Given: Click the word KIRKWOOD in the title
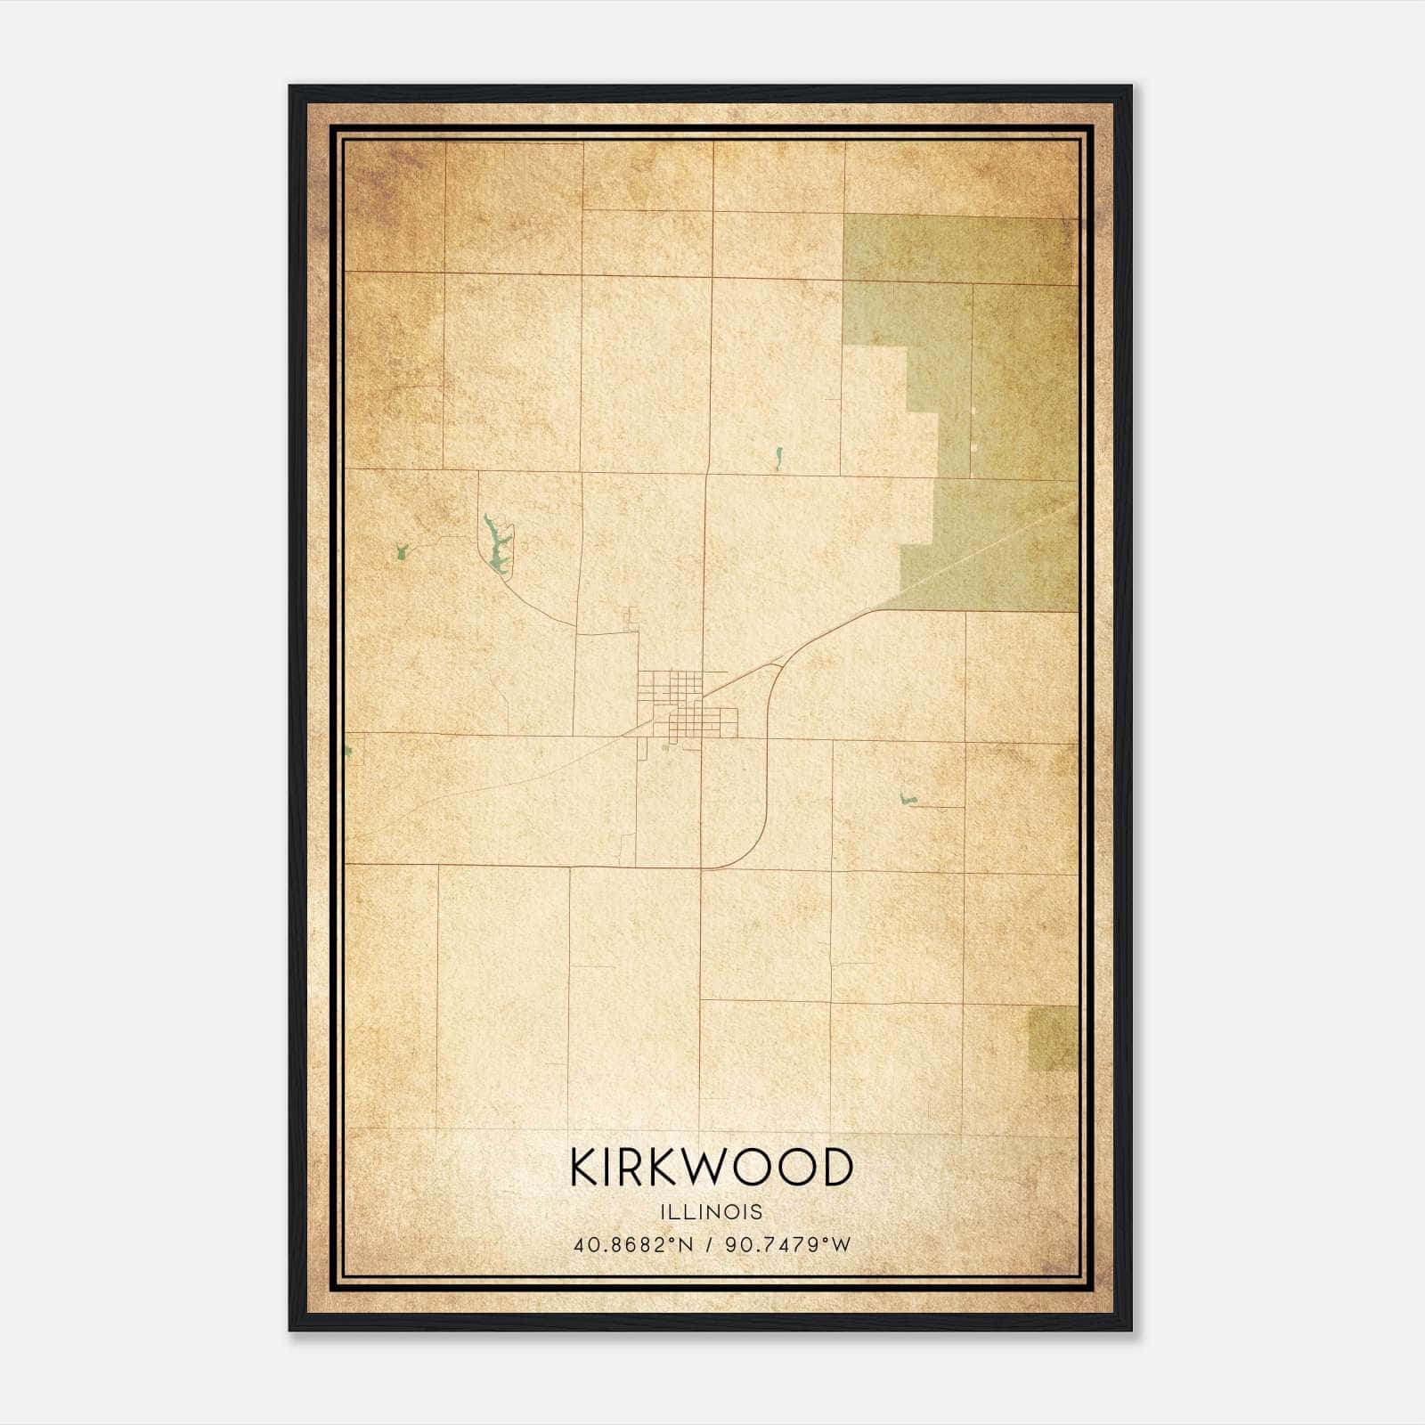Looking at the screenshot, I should (x=711, y=1168).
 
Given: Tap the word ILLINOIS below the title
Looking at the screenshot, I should (x=711, y=1212).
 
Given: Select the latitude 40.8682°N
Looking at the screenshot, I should (x=633, y=1244).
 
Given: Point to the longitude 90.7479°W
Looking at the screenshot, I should (x=788, y=1244).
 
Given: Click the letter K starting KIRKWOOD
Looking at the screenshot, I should (x=585, y=1168).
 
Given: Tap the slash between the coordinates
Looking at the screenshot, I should (x=710, y=1244).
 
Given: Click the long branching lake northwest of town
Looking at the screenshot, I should (x=497, y=543).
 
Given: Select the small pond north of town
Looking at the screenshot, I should (x=778, y=460).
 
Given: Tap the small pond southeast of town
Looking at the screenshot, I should (x=907, y=799).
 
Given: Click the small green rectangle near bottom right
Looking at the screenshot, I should (x=1053, y=1038).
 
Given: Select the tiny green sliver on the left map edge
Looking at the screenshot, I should (x=348, y=752).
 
